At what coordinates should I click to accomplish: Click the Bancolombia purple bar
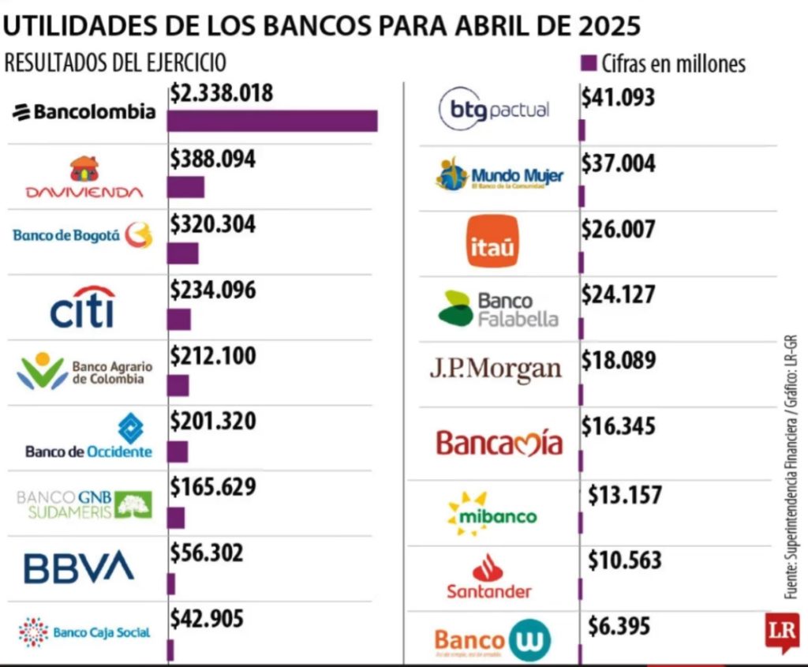(x=272, y=121)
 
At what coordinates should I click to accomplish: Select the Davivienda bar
(x=185, y=187)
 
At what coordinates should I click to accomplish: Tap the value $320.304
(x=213, y=224)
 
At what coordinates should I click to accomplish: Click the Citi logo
(x=83, y=307)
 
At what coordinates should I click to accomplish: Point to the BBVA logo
(x=79, y=568)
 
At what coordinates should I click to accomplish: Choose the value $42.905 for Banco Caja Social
(x=207, y=618)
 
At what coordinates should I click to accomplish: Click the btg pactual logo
(x=494, y=111)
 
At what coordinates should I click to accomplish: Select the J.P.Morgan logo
(x=496, y=369)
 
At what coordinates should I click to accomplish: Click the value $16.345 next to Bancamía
(x=619, y=427)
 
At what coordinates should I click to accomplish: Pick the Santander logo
(x=489, y=577)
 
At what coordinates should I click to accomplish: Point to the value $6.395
(x=619, y=627)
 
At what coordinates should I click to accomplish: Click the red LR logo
(x=781, y=631)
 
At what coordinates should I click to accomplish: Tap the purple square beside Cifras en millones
(x=587, y=62)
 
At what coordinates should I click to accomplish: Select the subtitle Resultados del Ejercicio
(x=115, y=63)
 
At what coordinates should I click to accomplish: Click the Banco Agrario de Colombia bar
(x=178, y=385)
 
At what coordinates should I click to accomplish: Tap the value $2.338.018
(x=221, y=94)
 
